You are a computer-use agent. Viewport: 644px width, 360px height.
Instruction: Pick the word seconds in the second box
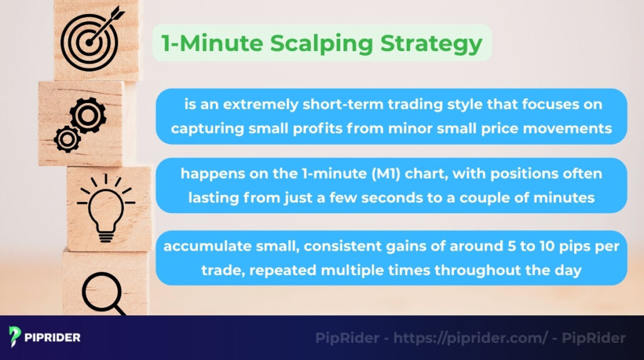point(391,198)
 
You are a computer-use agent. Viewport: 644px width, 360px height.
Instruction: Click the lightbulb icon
point(103,203)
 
